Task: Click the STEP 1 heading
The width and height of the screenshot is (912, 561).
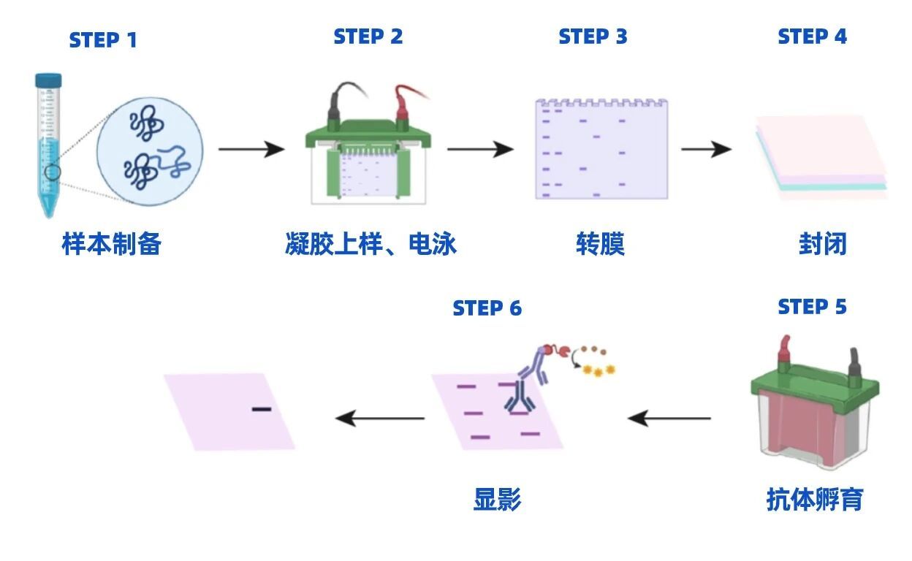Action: pos(103,39)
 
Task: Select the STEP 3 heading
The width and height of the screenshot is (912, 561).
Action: pos(593,37)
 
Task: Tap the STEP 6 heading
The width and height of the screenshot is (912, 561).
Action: pos(487,308)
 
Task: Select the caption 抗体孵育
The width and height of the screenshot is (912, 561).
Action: pos(815,500)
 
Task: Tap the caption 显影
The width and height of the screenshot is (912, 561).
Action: pos(498,500)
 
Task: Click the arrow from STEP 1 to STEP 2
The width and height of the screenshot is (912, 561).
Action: pos(251,150)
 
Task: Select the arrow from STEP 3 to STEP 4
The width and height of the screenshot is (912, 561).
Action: pos(706,150)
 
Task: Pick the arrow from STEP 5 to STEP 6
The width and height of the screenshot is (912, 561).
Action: pos(669,419)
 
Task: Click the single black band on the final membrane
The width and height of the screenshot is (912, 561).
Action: pos(262,408)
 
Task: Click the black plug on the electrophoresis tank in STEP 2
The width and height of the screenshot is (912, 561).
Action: pos(337,108)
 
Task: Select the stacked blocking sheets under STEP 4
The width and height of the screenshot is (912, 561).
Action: pos(821,156)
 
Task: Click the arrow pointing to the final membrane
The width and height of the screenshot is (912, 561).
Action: pos(380,419)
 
